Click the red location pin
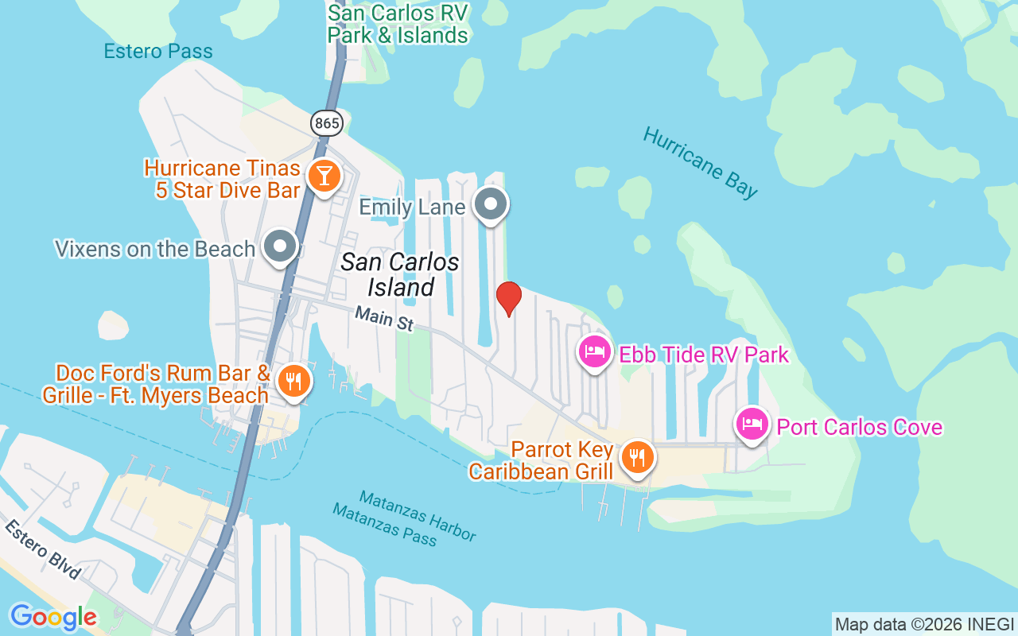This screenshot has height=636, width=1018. tap(509, 298)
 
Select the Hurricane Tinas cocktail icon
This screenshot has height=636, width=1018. tap(324, 176)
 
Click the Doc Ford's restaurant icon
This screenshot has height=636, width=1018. tap(294, 382)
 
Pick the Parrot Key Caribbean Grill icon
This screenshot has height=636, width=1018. tap(637, 457)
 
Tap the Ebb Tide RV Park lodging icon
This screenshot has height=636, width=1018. tap(595, 351)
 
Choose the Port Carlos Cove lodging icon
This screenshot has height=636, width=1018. tap(752, 425)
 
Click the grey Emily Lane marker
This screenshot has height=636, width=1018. tap(491, 204)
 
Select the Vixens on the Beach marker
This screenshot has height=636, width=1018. tap(280, 246)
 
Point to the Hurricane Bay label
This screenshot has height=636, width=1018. tap(700, 162)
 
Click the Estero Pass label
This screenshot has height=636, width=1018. tap(158, 52)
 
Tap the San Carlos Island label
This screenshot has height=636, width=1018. tap(400, 274)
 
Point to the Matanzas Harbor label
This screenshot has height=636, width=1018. tap(418, 514)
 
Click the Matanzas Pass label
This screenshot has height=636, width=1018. tap(385, 525)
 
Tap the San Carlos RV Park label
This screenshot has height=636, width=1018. tap(398, 24)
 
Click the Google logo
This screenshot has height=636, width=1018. tap(52, 617)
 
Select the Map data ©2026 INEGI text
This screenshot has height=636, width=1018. tap(924, 624)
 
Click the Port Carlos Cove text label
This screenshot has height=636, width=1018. tap(859, 427)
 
